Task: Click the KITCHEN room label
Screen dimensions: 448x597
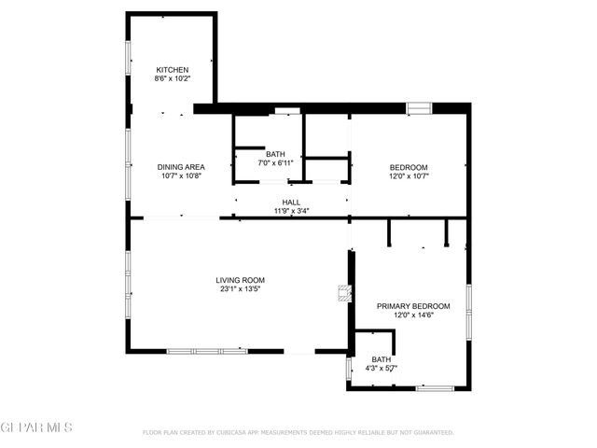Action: (x=173, y=70)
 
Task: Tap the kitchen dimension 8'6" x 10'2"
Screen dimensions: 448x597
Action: (x=173, y=79)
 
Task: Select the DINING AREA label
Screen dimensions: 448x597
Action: (x=181, y=167)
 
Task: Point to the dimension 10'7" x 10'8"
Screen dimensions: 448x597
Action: (x=181, y=175)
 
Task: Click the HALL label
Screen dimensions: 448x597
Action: (x=291, y=202)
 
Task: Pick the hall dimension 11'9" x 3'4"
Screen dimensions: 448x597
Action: (x=291, y=211)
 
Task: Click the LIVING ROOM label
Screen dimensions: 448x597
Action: (x=241, y=280)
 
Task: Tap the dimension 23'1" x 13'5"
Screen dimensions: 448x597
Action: (x=241, y=288)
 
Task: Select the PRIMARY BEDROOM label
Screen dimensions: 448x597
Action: (x=413, y=306)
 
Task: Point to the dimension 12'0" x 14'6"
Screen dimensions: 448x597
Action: (x=413, y=315)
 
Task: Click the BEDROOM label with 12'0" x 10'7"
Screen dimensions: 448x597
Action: (x=409, y=167)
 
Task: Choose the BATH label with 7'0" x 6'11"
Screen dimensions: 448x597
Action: (x=275, y=154)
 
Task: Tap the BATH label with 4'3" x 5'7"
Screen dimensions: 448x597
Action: (x=382, y=359)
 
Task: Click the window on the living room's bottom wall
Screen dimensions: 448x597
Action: (x=206, y=351)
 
